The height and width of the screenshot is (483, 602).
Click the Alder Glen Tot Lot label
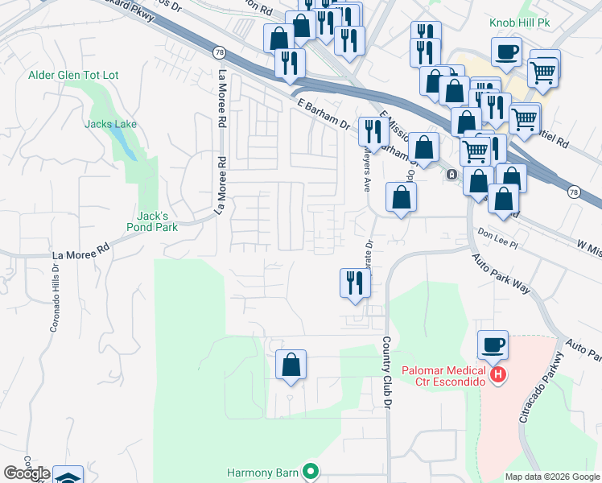click(x=73, y=75)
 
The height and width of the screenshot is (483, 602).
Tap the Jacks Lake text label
click(x=111, y=124)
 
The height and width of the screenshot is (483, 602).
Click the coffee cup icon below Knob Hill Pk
click(x=506, y=52)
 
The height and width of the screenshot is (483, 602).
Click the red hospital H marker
click(x=498, y=374)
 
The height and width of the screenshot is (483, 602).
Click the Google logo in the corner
click(x=27, y=473)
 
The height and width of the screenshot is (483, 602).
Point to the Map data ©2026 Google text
click(x=551, y=477)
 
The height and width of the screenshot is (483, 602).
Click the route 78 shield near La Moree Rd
click(x=219, y=52)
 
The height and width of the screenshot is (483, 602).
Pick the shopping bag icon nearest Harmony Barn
click(x=291, y=365)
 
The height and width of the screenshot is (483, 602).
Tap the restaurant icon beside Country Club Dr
click(x=353, y=283)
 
